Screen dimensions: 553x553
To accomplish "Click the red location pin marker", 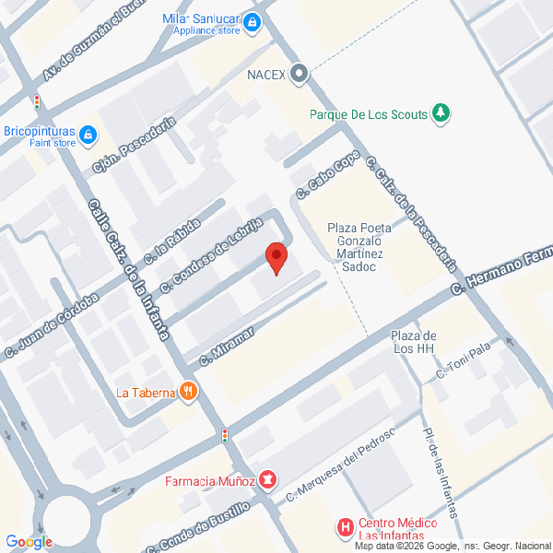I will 276,257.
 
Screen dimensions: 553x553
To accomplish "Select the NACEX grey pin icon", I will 298,74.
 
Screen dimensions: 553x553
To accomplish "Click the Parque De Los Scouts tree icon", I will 441,114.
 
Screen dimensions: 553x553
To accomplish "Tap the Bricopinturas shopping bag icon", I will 88,135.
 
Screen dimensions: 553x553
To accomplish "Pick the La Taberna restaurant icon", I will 188,392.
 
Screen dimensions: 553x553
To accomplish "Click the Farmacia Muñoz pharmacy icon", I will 267,479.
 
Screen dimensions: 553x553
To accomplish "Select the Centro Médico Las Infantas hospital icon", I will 346,528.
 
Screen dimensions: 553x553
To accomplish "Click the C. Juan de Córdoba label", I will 52,324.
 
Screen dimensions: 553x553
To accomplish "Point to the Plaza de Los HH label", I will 413,341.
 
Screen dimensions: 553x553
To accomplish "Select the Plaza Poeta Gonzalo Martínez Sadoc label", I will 359,246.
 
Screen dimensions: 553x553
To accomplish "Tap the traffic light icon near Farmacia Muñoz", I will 224,434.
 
